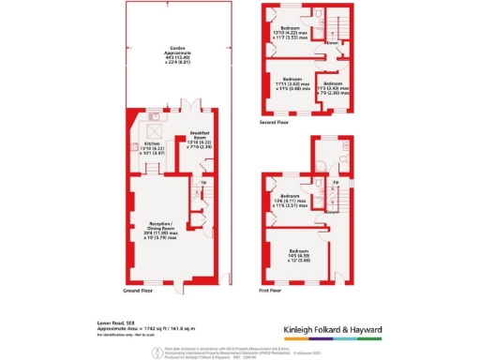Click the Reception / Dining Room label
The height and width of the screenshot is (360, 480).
[x=158, y=226]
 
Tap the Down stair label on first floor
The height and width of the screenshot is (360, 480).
[x=331, y=212]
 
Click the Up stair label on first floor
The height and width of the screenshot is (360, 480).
[x=336, y=183]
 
